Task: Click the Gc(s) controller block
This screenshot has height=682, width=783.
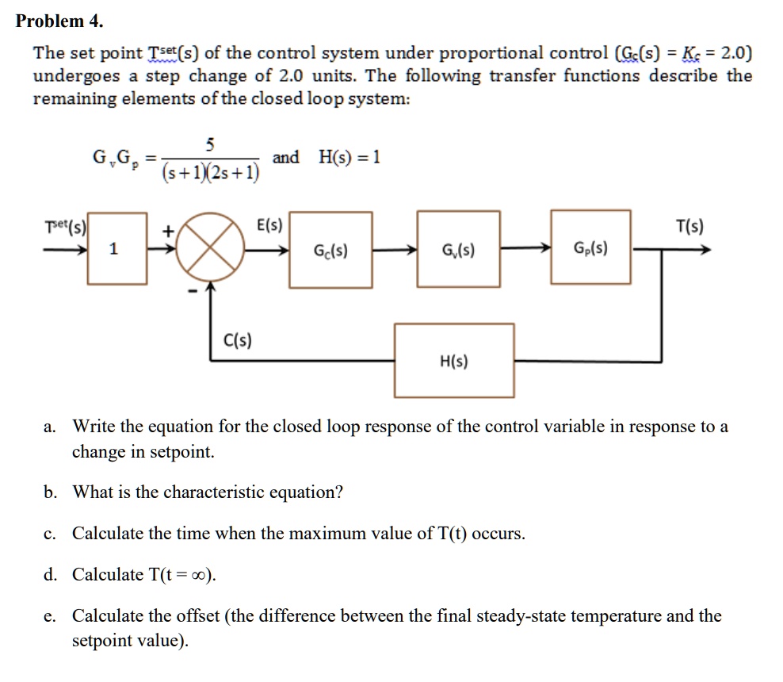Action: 330,251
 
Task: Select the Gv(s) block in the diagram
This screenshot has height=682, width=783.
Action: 459,251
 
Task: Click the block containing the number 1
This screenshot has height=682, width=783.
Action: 117,249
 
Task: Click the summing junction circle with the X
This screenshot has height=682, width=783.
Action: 211,247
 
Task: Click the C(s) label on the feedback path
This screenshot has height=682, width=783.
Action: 233,343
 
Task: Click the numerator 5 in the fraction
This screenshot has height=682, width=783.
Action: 209,144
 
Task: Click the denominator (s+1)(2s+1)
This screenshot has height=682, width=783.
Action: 210,171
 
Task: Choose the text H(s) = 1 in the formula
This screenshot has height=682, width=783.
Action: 349,157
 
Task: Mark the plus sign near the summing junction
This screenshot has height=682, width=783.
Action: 167,232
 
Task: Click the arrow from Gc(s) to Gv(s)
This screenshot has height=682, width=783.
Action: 395,251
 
